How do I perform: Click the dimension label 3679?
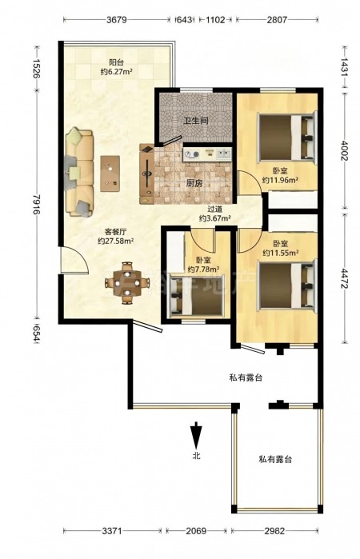coord(117,20)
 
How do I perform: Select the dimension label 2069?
coord(196,531)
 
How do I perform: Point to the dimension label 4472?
coord(344,277)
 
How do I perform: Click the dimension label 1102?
coord(215,20)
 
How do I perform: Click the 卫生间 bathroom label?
coord(196,121)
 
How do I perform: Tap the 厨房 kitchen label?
coord(194,184)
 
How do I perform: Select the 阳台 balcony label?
coord(116,62)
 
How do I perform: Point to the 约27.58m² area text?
coord(115,241)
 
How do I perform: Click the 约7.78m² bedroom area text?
coord(203,269)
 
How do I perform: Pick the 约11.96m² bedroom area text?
coord(281,180)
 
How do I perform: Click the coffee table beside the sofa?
coord(110,174)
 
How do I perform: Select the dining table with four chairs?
coord(127,283)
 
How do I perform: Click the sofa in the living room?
coord(79,172)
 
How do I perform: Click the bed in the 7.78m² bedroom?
coord(197,295)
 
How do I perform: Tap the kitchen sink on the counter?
coord(224,154)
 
